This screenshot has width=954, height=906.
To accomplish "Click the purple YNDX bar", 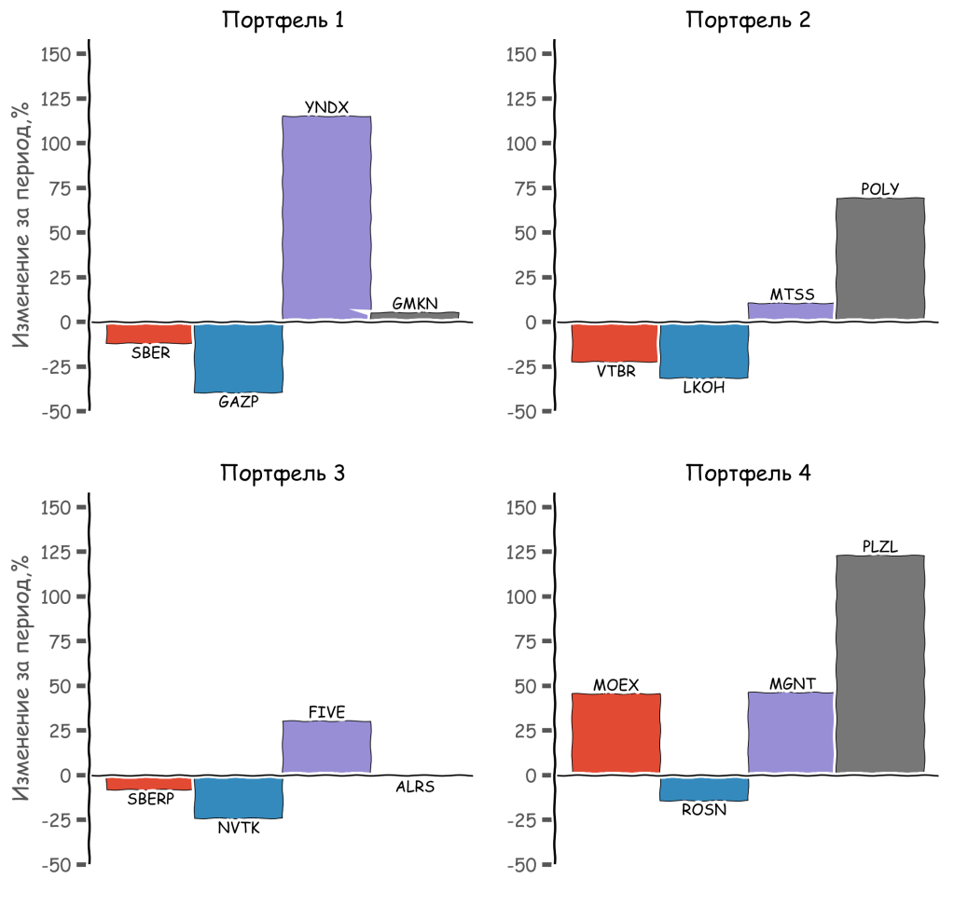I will point(326,218).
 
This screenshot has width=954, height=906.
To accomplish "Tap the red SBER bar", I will point(149,333).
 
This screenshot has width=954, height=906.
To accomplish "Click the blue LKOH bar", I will point(703,350).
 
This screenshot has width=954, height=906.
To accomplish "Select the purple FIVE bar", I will point(326,747).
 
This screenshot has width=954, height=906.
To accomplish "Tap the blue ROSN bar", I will point(703,788).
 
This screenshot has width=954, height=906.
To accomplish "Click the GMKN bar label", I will point(415,303).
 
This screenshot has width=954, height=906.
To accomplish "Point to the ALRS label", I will point(415,787).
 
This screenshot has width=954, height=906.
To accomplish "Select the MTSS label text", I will point(792,295).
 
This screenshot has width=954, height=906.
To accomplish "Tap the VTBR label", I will point(615,371).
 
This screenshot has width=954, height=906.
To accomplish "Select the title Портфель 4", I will point(748,473).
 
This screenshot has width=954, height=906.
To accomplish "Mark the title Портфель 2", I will point(748,20).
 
